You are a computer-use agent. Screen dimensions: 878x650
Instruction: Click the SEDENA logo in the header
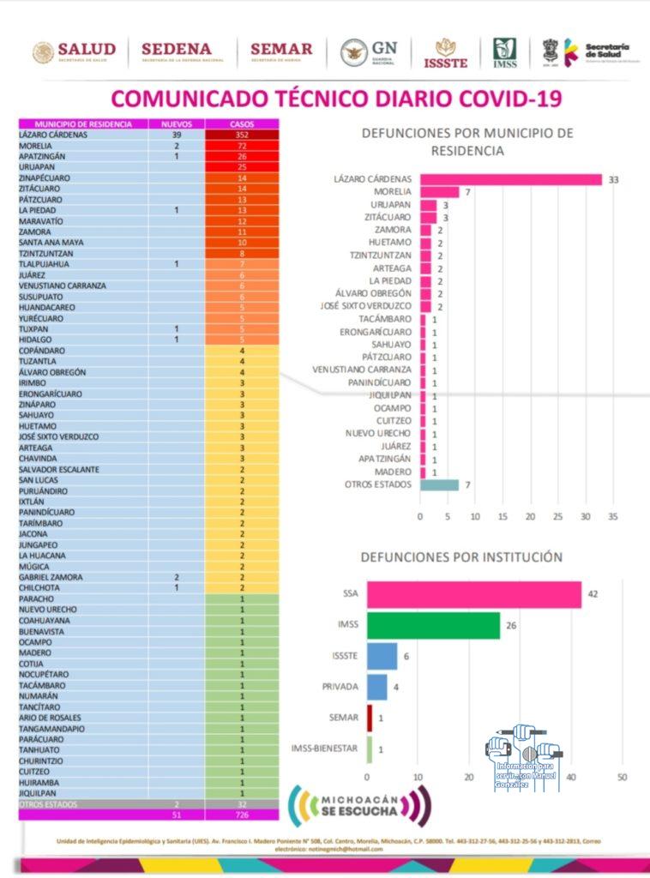pyautogui.click(x=176, y=51)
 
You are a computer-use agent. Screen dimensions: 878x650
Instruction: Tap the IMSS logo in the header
pyautogui.click(x=504, y=52)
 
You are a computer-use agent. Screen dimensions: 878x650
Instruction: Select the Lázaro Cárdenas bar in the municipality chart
pyautogui.click(x=511, y=179)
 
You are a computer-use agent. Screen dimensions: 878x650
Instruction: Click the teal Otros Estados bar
pyautogui.click(x=439, y=484)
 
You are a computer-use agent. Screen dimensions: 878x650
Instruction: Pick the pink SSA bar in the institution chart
pyautogui.click(x=474, y=594)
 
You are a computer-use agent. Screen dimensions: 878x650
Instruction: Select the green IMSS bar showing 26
pyautogui.click(x=434, y=625)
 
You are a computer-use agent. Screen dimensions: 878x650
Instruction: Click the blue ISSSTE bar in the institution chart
pyautogui.click(x=382, y=656)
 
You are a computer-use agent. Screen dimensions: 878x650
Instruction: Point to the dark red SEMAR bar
pyautogui.click(x=370, y=717)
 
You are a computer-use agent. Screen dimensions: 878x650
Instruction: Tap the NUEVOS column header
pyautogui.click(x=177, y=124)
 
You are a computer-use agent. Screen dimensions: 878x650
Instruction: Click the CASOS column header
pyautogui.click(x=242, y=124)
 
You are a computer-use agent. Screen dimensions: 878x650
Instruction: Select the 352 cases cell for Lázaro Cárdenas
pyautogui.click(x=242, y=135)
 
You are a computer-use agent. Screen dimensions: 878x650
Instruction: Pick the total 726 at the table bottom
pyautogui.click(x=242, y=815)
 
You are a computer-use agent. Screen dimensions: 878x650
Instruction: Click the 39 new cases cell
pyautogui.click(x=177, y=135)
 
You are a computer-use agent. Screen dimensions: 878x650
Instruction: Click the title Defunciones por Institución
pyautogui.click(x=461, y=556)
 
